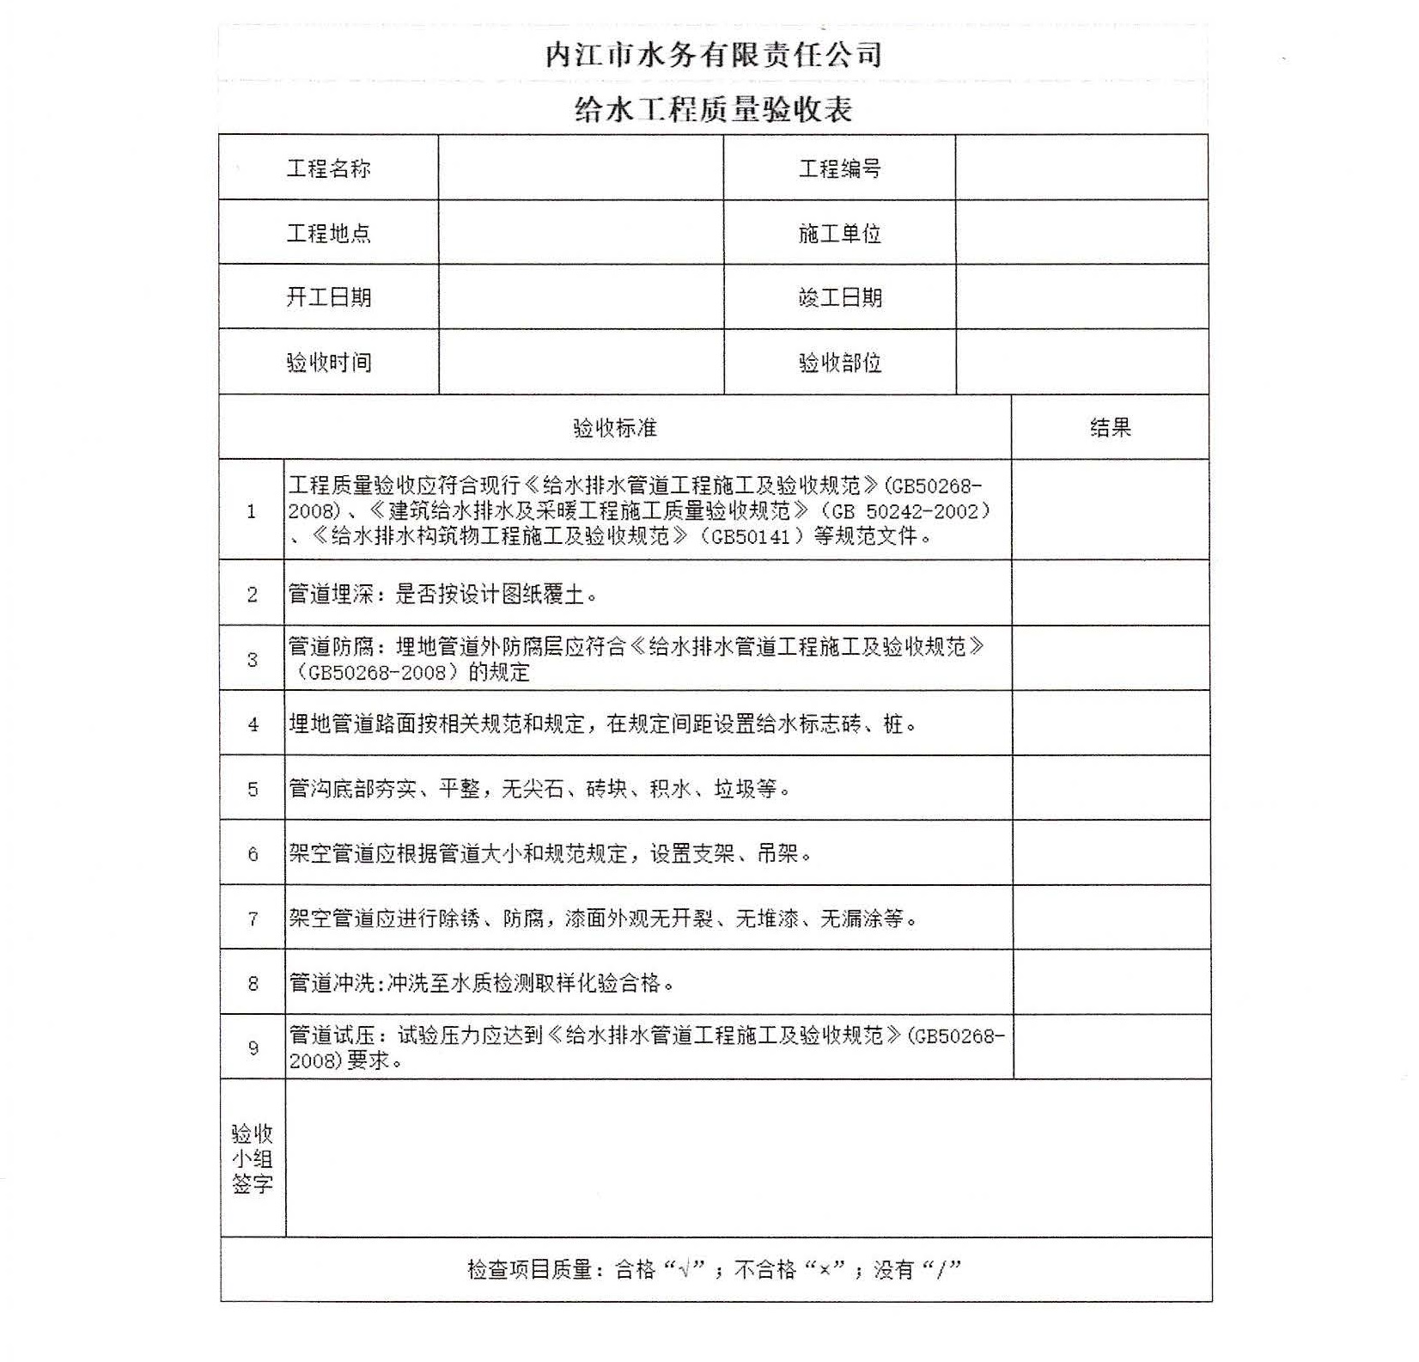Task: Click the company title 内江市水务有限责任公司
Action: click(713, 55)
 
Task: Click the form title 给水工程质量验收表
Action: click(713, 110)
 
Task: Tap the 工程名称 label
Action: click(328, 168)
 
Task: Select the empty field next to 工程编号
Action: click(1081, 168)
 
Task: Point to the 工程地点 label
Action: click(328, 233)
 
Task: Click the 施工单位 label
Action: click(839, 233)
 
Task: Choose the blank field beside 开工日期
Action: click(581, 297)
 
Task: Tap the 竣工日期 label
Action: click(839, 297)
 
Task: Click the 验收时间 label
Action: click(328, 363)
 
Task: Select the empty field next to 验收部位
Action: click(1081, 363)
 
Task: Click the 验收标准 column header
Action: click(614, 428)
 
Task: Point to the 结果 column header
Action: click(1110, 428)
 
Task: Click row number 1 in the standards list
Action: click(252, 511)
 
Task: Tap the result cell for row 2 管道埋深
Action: click(1111, 594)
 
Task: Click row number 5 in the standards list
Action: click(253, 789)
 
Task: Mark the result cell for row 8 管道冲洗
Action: click(1111, 982)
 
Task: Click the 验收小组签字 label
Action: click(253, 1158)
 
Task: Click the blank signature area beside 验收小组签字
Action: click(747, 1158)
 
